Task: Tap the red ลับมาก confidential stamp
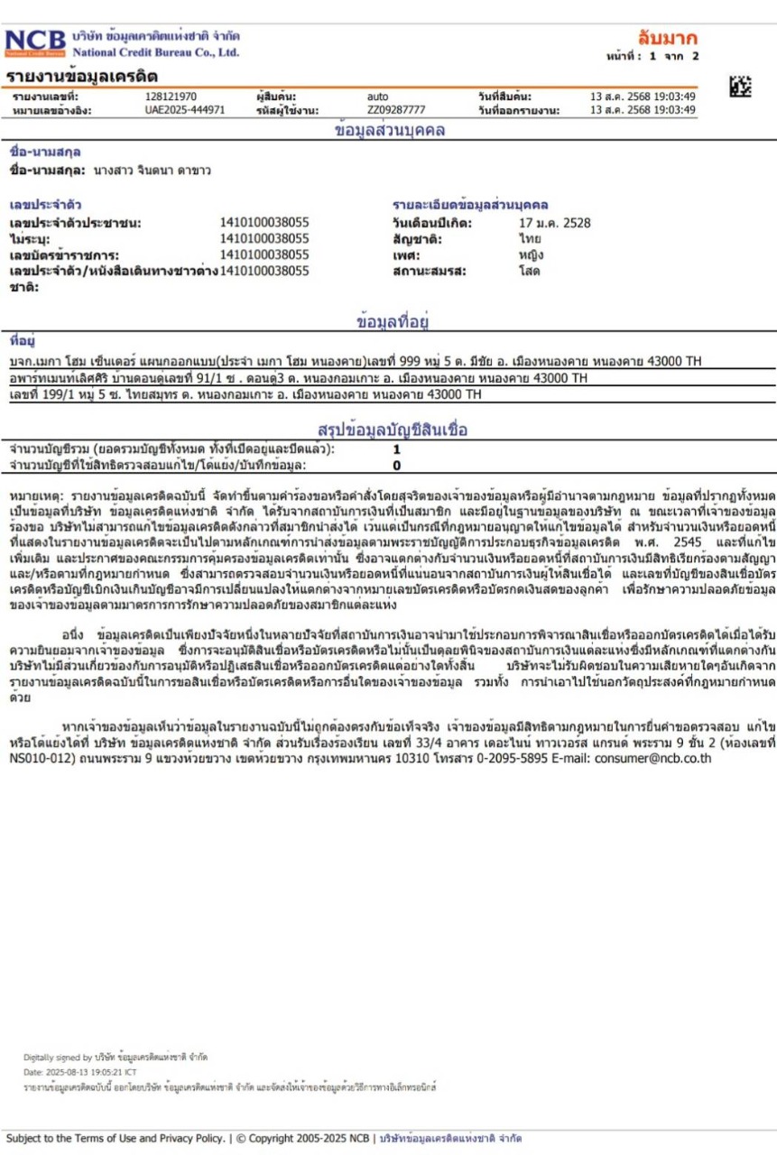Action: (x=667, y=38)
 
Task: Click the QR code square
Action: (x=739, y=87)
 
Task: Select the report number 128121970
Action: (x=171, y=97)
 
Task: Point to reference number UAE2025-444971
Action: (x=185, y=110)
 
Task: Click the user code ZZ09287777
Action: (x=396, y=110)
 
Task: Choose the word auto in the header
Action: (x=377, y=97)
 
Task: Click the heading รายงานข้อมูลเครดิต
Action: (x=82, y=76)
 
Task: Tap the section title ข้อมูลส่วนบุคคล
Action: (x=389, y=130)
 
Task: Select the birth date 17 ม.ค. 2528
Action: (x=555, y=223)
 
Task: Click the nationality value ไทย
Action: (x=530, y=239)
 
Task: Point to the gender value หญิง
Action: (x=532, y=254)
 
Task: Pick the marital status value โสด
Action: (x=530, y=270)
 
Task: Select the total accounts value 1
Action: (x=396, y=449)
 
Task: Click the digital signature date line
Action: (x=80, y=1072)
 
